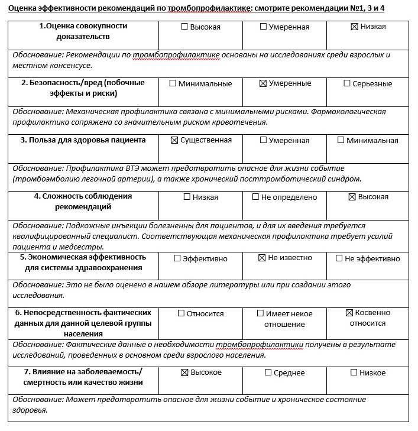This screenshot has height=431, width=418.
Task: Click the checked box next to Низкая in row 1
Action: click(355, 27)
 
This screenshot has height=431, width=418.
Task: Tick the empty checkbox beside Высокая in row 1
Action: click(184, 27)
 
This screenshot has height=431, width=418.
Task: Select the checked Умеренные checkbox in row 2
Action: click(263, 83)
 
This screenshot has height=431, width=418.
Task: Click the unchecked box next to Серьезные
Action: click(347, 83)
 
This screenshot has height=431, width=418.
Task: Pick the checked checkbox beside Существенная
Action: click(174, 140)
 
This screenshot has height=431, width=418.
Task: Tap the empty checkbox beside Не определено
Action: click(255, 197)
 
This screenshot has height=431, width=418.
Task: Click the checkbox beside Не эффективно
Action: click(339, 258)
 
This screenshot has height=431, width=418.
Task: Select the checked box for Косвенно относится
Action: click(349, 312)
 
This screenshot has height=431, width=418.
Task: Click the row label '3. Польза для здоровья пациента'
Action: click(83, 140)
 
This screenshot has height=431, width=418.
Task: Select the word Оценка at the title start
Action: click(22, 8)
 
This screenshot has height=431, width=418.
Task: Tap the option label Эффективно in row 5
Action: click(205, 258)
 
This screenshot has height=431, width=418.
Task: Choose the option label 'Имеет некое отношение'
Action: click(289, 319)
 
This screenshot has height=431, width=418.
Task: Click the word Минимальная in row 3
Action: click(372, 140)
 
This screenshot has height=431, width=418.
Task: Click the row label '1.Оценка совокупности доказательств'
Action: click(83, 31)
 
